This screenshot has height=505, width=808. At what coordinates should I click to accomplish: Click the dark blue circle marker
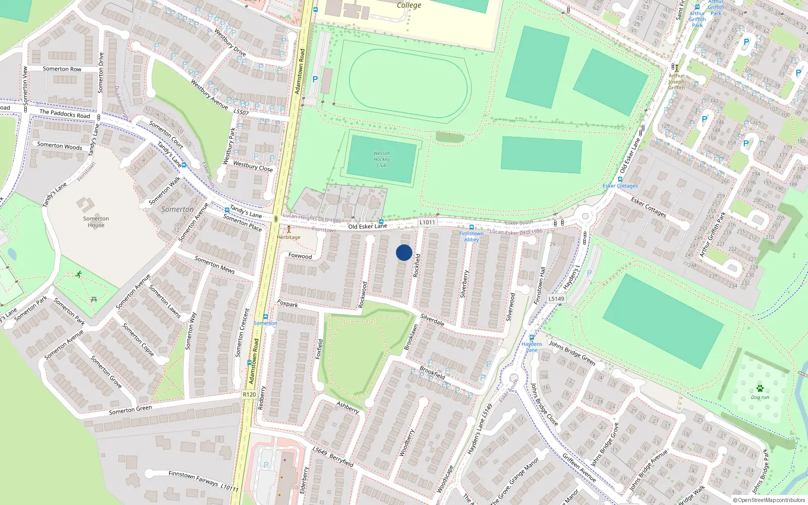(404, 252)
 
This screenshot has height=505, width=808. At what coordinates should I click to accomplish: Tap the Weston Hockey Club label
(382, 159)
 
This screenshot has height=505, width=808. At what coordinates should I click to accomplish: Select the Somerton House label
(96, 222)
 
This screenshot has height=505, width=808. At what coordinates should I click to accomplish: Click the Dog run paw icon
(760, 388)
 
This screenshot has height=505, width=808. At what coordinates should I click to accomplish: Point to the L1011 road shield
(427, 222)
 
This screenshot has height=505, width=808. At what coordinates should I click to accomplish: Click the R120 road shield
(249, 394)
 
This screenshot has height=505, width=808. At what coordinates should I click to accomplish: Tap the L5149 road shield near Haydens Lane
(557, 298)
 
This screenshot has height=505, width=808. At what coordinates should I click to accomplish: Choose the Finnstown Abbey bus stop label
(472, 236)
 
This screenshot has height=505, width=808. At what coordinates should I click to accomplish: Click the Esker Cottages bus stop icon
(620, 179)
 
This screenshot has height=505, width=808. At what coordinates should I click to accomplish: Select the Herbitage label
(289, 237)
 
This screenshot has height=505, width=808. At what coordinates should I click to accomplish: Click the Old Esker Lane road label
(368, 226)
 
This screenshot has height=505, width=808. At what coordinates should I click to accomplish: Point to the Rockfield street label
(417, 265)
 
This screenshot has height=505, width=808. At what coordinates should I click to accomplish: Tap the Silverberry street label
(465, 283)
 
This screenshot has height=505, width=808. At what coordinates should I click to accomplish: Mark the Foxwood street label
(300, 256)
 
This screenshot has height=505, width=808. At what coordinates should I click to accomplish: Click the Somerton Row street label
(62, 69)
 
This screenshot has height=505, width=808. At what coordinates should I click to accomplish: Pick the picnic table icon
(94, 299)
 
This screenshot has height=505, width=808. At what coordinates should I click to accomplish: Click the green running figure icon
(79, 274)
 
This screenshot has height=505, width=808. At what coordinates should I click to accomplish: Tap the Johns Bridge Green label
(572, 352)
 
